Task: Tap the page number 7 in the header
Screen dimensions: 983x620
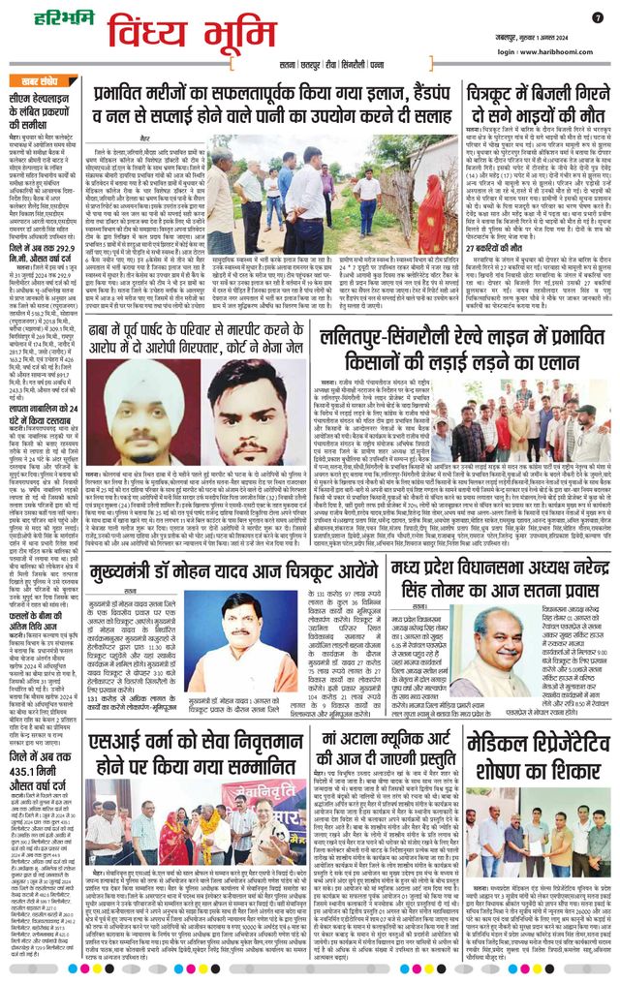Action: click(597, 16)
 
